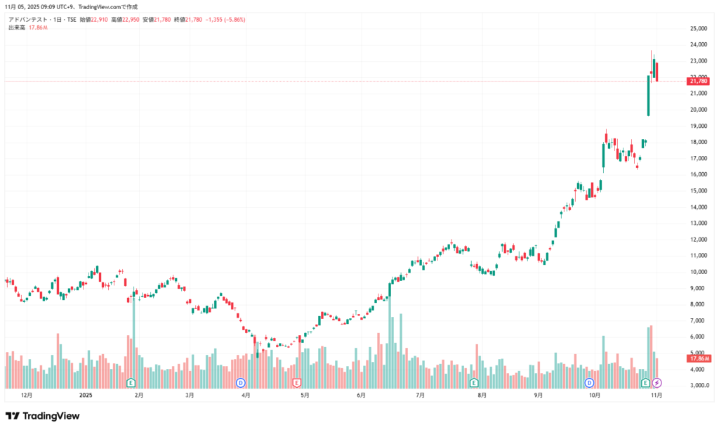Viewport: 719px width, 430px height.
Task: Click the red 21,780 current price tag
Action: tap(699, 82)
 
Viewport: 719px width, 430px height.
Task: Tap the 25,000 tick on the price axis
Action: tap(698, 29)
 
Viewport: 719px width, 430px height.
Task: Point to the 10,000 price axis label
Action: tap(698, 272)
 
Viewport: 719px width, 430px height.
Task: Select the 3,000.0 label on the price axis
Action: tap(699, 386)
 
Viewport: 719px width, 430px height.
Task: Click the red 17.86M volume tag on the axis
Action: tap(699, 358)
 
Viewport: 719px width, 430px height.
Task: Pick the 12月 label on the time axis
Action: tap(27, 396)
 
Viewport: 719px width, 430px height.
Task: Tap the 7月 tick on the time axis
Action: tap(420, 396)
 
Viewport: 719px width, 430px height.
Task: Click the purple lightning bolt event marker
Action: tap(657, 383)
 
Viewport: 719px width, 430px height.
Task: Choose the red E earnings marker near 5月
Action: tap(297, 383)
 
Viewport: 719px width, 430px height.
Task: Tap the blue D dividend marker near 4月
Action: tap(240, 383)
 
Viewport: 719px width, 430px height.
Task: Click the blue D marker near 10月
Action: tap(589, 383)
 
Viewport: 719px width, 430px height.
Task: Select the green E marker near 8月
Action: tap(474, 383)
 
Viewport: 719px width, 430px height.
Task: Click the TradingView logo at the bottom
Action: tap(42, 416)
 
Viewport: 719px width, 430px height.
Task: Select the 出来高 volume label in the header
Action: tap(17, 27)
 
